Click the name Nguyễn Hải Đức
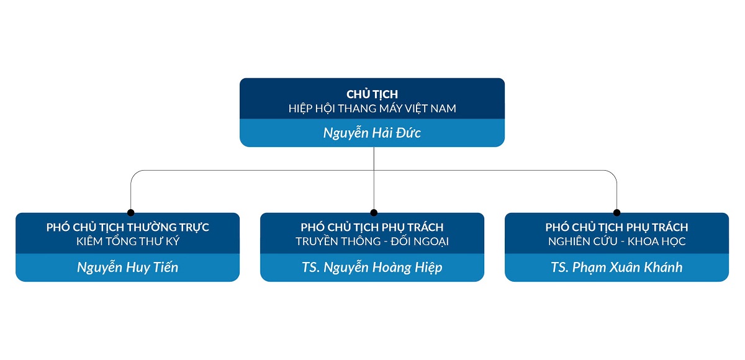coord(372,133)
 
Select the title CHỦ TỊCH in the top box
coord(372,94)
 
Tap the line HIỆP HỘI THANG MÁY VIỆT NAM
coord(372,109)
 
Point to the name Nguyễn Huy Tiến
coord(127,268)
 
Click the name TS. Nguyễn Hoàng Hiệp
coord(372,268)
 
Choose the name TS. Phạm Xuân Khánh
coord(616,268)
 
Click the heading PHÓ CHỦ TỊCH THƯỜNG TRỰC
coord(127,227)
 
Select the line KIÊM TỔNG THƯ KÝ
coord(127,241)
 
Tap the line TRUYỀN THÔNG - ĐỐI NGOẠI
coord(372,241)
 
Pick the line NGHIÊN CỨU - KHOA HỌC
coord(616,241)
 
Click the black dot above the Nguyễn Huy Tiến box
coord(130,212)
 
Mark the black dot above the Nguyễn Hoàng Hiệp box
coord(374,212)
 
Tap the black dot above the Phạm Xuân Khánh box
coord(616,212)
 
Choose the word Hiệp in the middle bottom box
coord(428,268)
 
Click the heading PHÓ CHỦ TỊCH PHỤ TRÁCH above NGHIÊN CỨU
coord(616,227)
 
